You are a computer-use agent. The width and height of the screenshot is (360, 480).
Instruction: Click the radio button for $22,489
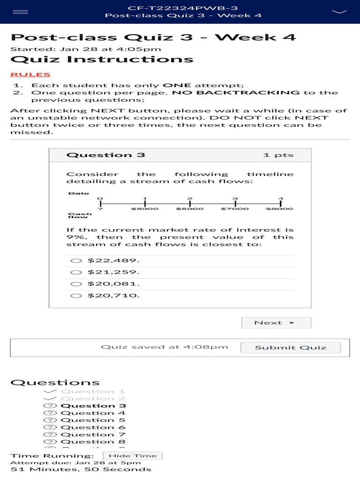click(76, 261)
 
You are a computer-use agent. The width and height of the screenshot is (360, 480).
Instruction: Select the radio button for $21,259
click(76, 272)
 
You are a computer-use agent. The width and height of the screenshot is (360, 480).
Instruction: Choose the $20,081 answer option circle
click(76, 284)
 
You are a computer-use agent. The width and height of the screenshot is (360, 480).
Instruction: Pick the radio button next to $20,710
click(76, 296)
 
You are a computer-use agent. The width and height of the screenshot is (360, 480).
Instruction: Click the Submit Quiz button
click(291, 347)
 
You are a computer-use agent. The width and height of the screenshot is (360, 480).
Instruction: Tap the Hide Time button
click(133, 456)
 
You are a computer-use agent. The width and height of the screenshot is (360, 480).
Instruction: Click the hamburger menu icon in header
click(20, 12)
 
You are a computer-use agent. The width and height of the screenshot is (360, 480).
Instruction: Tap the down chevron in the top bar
click(339, 11)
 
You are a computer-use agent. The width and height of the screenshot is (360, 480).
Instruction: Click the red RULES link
click(30, 75)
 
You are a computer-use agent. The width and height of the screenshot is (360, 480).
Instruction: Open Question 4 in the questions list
click(93, 413)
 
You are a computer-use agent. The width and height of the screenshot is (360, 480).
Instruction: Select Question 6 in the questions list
click(93, 427)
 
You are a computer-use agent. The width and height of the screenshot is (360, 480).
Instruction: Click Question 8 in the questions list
click(93, 442)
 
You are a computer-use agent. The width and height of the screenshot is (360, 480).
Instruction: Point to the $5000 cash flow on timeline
click(145, 209)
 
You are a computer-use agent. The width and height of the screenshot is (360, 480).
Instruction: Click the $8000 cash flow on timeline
click(280, 209)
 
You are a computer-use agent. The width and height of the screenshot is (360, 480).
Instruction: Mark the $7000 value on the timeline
click(235, 209)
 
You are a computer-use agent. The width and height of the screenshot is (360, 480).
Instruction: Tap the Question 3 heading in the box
click(106, 155)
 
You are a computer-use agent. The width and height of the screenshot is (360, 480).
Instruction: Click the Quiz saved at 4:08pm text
click(165, 347)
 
